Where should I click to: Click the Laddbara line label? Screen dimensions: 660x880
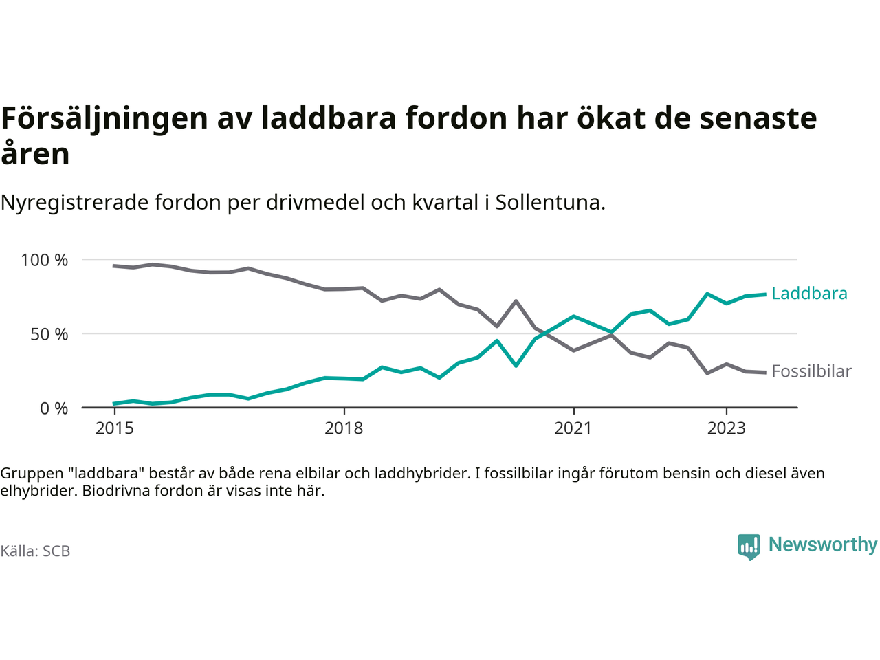pyautogui.click(x=809, y=294)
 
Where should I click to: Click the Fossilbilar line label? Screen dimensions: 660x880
pyautogui.click(x=811, y=371)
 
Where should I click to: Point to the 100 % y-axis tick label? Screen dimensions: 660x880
pyautogui.click(x=45, y=260)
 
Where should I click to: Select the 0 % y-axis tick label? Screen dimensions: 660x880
pyautogui.click(x=54, y=408)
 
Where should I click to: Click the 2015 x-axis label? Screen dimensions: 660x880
pyautogui.click(x=115, y=428)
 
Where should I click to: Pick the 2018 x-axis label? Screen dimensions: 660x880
pyautogui.click(x=344, y=428)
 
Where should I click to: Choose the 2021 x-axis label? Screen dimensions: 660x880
pyautogui.click(x=573, y=428)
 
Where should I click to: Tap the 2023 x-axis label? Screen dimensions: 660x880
pyautogui.click(x=726, y=428)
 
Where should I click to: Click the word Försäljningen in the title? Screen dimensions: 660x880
pyautogui.click(x=104, y=118)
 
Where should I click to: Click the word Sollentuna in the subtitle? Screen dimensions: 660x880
pyautogui.click(x=547, y=203)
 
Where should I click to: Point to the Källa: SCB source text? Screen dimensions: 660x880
pyautogui.click(x=35, y=551)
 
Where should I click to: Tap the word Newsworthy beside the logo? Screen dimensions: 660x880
pyautogui.click(x=823, y=544)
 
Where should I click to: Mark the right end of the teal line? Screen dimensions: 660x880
pyautogui.click(x=765, y=294)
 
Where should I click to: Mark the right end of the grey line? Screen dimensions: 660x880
pyautogui.click(x=765, y=372)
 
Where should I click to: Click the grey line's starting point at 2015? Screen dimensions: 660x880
pyautogui.click(x=114, y=265)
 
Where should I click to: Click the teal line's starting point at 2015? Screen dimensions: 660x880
pyautogui.click(x=114, y=404)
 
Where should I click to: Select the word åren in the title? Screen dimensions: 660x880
pyautogui.click(x=35, y=154)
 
